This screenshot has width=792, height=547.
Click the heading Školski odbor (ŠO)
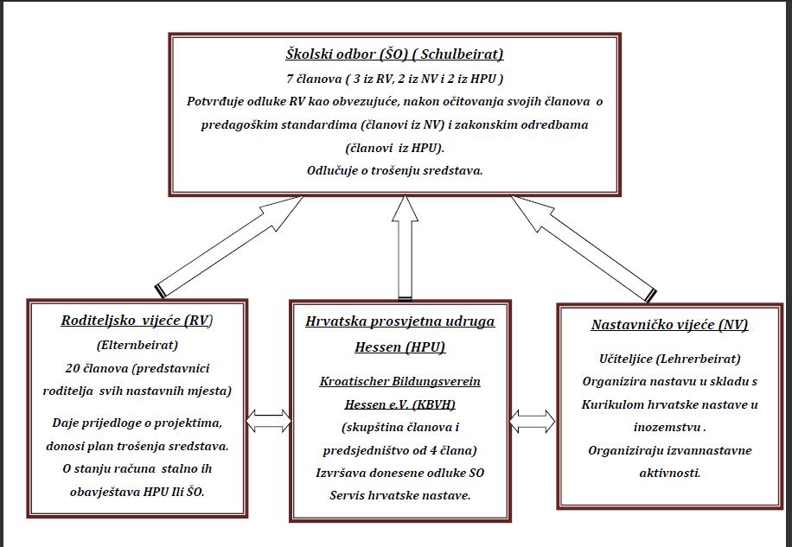coord(346,54)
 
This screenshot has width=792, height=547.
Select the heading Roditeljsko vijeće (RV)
coord(137,321)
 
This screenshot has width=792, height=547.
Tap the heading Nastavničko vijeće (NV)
coord(669,324)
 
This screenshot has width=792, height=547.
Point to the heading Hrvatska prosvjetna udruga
coord(400,321)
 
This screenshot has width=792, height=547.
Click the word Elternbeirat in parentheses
coord(137,345)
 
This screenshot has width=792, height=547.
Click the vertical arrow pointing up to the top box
coord(406,248)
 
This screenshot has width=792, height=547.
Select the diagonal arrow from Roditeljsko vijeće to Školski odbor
coord(229,245)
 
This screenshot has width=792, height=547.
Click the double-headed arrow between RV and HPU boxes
coord(268,421)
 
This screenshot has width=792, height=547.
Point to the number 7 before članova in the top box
coord(290,79)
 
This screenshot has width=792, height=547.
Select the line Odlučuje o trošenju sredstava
coord(394,170)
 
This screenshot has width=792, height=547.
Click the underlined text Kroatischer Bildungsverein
coord(400,381)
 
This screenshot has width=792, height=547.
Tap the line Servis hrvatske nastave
coord(400,495)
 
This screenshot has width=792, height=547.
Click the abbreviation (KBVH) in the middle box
coord(434,404)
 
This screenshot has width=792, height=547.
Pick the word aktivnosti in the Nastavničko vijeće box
coord(670,474)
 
